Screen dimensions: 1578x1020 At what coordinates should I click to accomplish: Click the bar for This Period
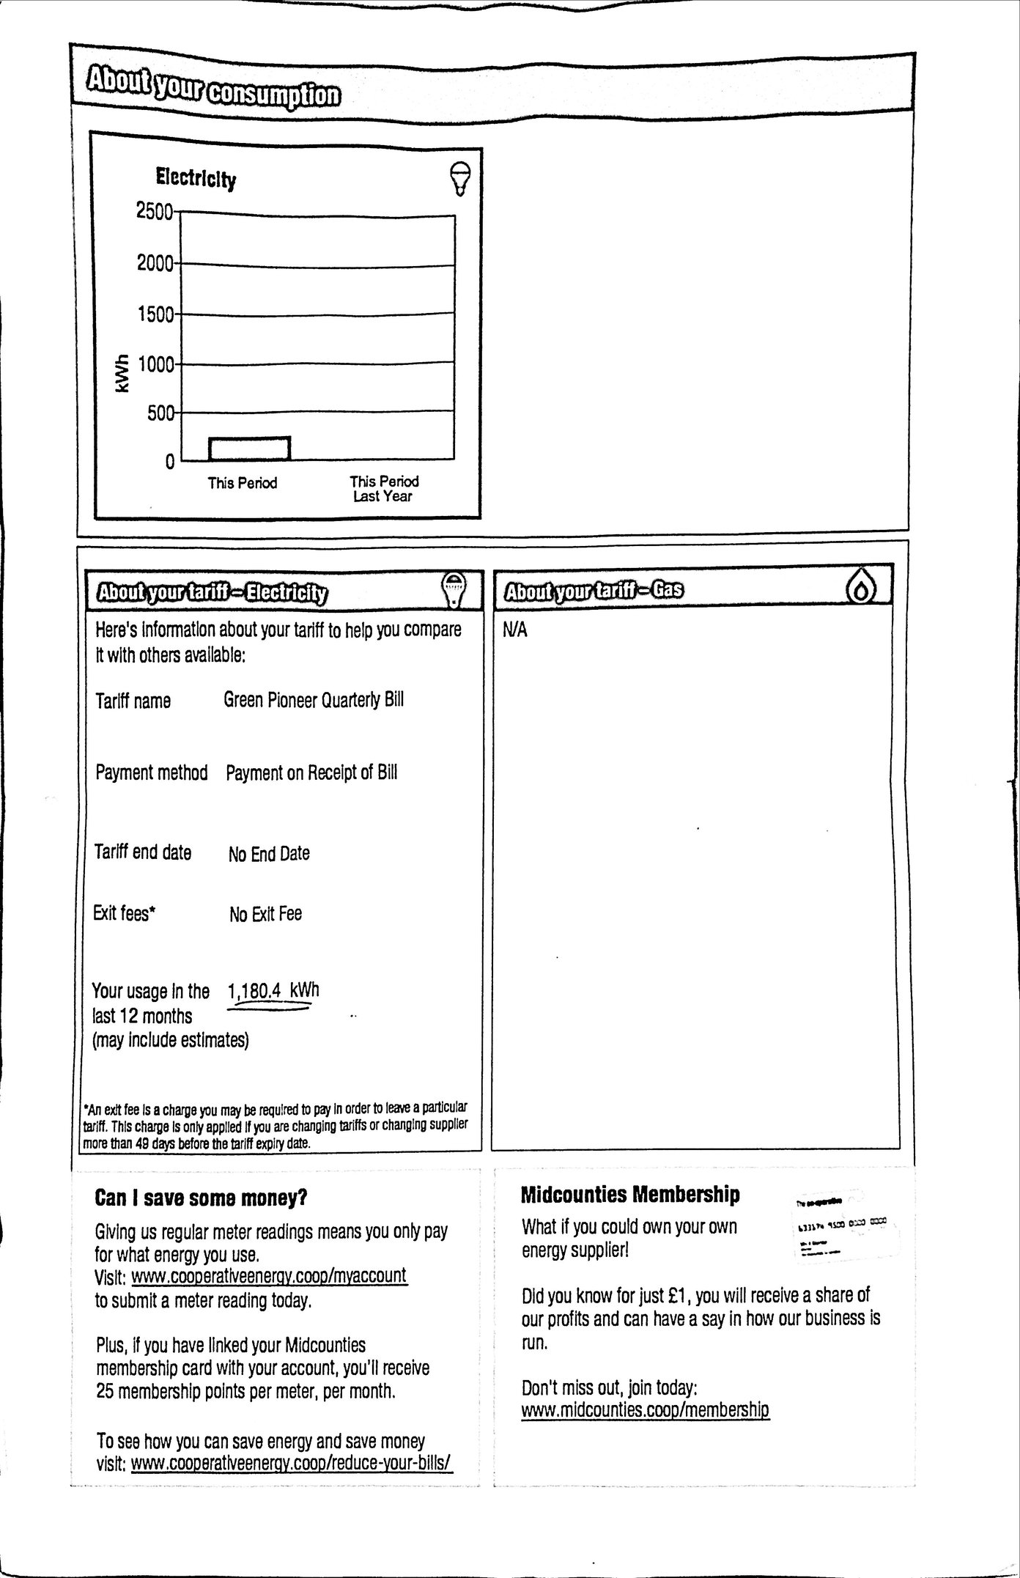pos(249,449)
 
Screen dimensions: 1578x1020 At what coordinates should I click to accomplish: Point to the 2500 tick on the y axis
pos(155,211)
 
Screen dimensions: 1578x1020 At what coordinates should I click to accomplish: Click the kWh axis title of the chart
pos(122,374)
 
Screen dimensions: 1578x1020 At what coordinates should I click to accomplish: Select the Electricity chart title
pos(196,178)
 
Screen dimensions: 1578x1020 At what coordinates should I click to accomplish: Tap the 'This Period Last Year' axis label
pos(383,488)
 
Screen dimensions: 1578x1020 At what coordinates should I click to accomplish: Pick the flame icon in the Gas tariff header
pos(862,588)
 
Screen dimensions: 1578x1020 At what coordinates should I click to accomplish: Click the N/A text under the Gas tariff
pos(515,630)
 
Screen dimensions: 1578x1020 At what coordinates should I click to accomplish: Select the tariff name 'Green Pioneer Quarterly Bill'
pos(314,699)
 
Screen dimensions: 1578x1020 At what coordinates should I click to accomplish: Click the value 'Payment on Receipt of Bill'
pos(311,773)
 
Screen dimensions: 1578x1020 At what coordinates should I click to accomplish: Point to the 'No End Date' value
pos(269,853)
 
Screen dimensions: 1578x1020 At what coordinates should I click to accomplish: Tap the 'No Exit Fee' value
pos(265,914)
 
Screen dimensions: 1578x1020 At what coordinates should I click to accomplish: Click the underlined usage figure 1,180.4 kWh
pos(273,991)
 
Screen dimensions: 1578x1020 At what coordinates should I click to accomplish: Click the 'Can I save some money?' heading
pos(202,1198)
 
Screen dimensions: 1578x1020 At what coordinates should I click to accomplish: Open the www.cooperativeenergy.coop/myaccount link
pos(269,1276)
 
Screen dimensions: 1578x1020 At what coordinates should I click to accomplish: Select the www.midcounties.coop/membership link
pos(646,1409)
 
